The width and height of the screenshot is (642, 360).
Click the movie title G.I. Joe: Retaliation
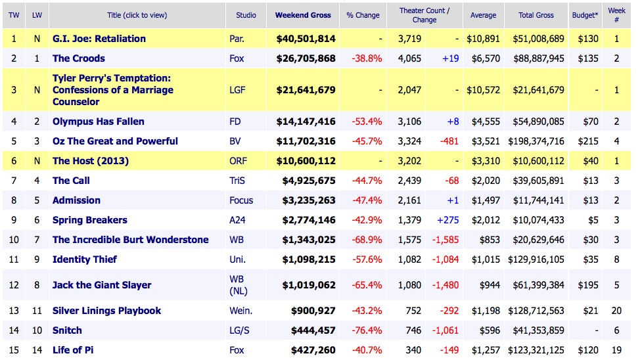[99, 39]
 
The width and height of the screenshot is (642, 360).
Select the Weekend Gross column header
[303, 15]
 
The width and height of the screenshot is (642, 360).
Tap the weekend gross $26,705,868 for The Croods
[305, 58]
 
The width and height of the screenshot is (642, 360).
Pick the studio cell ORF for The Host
[239, 161]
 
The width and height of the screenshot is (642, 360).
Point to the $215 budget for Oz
[587, 141]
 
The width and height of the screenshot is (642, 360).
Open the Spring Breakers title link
[90, 220]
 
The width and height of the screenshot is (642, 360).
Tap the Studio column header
[244, 15]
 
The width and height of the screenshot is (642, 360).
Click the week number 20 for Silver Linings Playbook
[616, 311]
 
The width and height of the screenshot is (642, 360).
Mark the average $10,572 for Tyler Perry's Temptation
[483, 90]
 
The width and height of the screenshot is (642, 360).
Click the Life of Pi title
[73, 350]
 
